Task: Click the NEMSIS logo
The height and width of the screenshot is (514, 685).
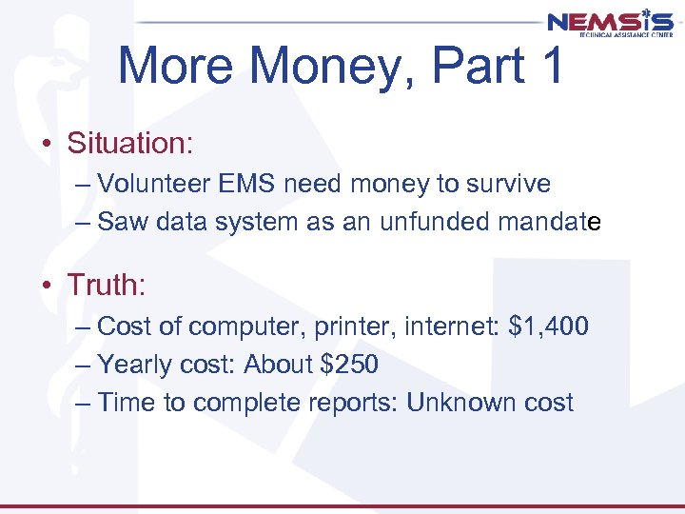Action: (610, 23)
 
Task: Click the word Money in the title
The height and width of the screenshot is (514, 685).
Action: (329, 67)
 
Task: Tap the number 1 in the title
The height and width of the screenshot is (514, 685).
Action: (549, 67)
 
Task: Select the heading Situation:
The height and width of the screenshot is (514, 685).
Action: (130, 144)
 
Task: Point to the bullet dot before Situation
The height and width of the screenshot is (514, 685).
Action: (46, 145)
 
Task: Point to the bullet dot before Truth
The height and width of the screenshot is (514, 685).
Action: (46, 285)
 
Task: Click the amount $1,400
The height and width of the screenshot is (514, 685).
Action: (549, 326)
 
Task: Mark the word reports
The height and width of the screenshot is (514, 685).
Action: (353, 404)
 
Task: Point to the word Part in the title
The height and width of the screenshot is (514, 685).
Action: (470, 67)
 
